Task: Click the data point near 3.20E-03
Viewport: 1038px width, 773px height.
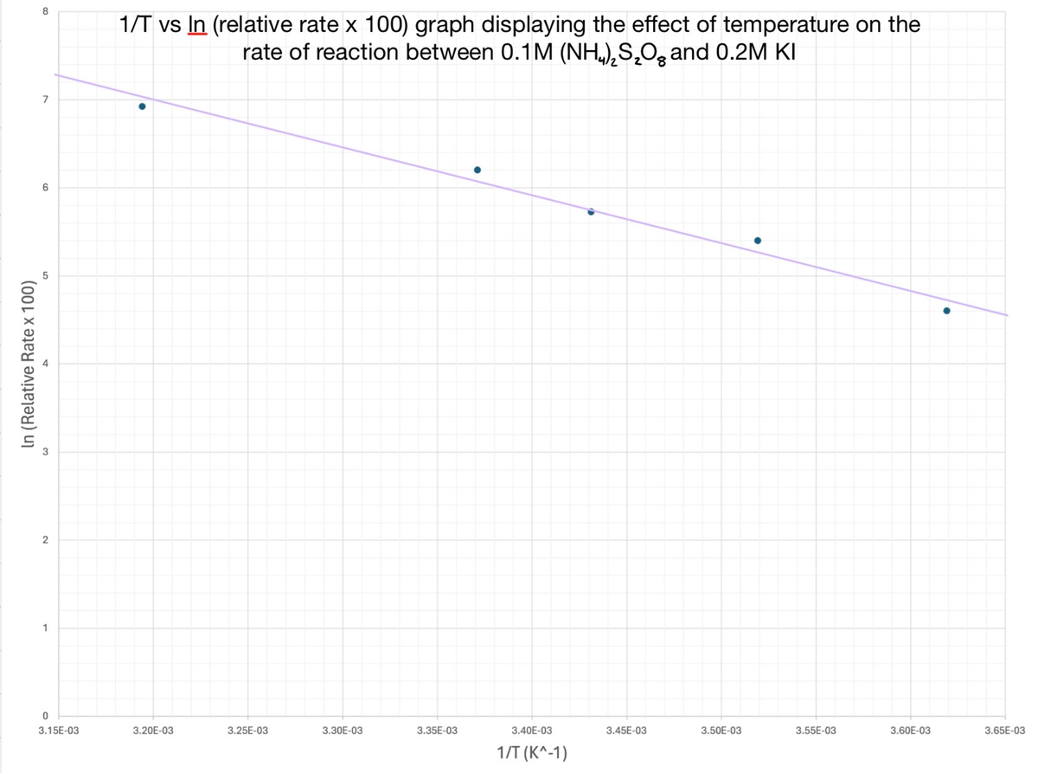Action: [x=142, y=106]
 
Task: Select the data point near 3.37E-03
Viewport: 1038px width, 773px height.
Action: [x=477, y=170]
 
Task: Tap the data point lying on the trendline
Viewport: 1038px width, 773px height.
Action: [x=591, y=211]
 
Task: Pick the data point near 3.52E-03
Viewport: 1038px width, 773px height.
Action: [x=758, y=241]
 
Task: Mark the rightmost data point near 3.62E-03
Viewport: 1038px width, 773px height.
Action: [x=946, y=311]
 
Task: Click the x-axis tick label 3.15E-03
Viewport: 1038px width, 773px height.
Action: [x=59, y=731]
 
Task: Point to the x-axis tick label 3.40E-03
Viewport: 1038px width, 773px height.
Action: [x=533, y=731]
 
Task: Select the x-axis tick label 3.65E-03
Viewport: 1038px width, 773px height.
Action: [x=1005, y=731]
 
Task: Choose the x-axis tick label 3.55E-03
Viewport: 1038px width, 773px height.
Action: [x=817, y=731]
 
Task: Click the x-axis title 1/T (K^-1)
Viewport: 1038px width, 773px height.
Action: [x=533, y=752]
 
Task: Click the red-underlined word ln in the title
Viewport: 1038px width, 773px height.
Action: [x=196, y=24]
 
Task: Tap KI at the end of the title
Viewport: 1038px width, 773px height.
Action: [x=782, y=52]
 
